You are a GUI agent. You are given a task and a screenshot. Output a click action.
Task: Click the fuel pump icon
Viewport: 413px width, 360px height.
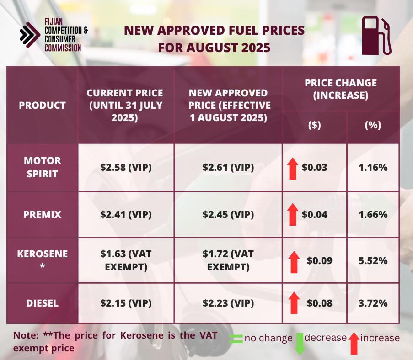[x=376, y=36]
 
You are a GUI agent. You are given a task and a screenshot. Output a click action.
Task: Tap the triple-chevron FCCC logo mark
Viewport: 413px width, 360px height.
[x=30, y=35]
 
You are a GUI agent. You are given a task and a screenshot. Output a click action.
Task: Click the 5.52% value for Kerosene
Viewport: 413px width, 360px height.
[x=373, y=260]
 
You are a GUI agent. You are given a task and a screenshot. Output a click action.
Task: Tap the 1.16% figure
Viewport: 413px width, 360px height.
[x=373, y=167]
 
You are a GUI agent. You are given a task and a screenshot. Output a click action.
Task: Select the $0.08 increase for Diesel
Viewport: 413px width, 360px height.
[x=320, y=303]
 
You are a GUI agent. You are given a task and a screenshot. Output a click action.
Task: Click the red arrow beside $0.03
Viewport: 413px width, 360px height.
[x=293, y=169]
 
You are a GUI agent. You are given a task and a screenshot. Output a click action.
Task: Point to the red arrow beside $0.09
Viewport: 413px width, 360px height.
[x=294, y=262]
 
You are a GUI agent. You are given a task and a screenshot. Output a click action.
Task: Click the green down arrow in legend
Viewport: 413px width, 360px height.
[x=300, y=344]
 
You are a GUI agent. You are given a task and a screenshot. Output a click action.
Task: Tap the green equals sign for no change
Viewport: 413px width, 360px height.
[x=236, y=339]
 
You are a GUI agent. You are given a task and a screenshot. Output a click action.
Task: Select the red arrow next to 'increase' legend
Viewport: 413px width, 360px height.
[x=354, y=343]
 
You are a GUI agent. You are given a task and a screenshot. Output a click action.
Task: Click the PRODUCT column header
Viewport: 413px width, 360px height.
[x=42, y=105]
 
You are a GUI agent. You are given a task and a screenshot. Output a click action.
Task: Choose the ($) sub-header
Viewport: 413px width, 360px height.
[x=315, y=125]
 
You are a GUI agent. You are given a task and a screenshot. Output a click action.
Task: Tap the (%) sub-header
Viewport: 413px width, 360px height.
[x=373, y=125]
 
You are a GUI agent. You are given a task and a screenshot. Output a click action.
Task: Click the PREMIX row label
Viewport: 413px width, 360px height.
[x=42, y=214]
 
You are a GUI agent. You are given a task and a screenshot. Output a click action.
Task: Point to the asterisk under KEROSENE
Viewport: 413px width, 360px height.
[x=42, y=266]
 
